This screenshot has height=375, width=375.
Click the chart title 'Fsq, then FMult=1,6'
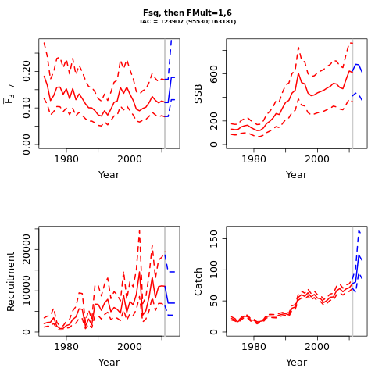point(187,12)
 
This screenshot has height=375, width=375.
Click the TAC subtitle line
point(187,22)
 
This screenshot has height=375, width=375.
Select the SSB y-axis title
point(198,94)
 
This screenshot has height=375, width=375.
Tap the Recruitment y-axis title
point(11,281)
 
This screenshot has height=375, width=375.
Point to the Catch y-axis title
point(198,281)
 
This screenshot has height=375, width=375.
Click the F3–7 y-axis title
point(9,94)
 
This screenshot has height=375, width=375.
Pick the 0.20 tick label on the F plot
point(27,71)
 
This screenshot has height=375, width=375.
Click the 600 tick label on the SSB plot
point(214,74)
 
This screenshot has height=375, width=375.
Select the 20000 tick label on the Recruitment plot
point(27,249)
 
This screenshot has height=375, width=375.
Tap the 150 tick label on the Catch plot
point(214,239)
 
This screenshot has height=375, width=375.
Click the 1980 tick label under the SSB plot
point(254,159)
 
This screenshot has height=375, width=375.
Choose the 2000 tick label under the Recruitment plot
point(130,346)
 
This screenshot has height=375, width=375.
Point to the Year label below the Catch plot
point(296,362)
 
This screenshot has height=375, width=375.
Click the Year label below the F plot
point(109,175)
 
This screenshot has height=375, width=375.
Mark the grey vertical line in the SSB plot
point(352,94)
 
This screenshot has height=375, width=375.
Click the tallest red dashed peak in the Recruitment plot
point(139,230)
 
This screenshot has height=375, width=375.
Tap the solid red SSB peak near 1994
point(298,74)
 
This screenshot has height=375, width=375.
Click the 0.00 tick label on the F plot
point(27,145)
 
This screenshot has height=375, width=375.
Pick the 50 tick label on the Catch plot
point(214,301)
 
